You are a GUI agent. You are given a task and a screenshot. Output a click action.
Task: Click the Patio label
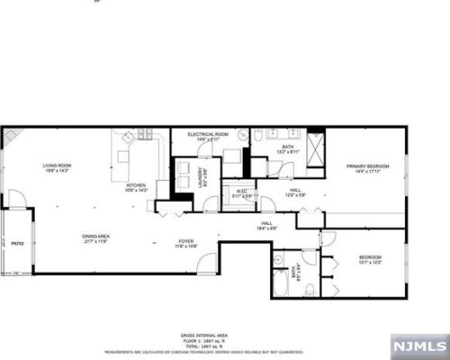(x=16, y=243)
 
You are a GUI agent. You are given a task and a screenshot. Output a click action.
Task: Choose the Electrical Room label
(x=208, y=137)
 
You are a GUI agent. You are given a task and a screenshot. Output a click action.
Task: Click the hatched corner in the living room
(x=11, y=136)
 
